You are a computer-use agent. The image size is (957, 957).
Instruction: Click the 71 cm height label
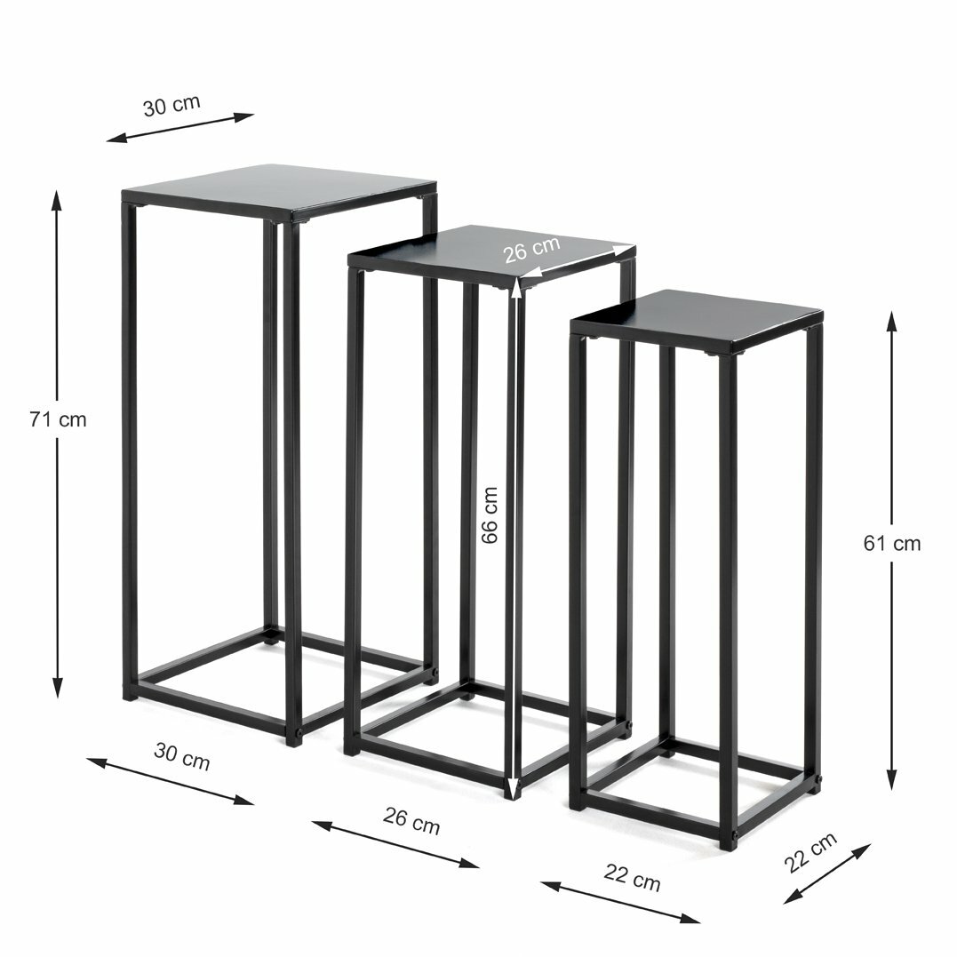point(58,420)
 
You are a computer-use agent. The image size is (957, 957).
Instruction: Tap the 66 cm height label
point(490,515)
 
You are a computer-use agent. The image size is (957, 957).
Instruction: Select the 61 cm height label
point(892,543)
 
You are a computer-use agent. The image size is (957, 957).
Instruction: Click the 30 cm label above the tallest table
point(171,105)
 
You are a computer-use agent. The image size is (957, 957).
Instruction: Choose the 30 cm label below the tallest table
point(182,757)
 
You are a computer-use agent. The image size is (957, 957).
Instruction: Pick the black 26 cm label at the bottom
point(411,820)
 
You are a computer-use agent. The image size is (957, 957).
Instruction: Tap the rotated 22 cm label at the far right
point(809,852)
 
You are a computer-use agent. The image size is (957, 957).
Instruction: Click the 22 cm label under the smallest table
point(633,878)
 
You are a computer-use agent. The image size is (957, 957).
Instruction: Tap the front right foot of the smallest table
point(728,842)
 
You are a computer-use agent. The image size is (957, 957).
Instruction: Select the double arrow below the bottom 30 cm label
point(171,781)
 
